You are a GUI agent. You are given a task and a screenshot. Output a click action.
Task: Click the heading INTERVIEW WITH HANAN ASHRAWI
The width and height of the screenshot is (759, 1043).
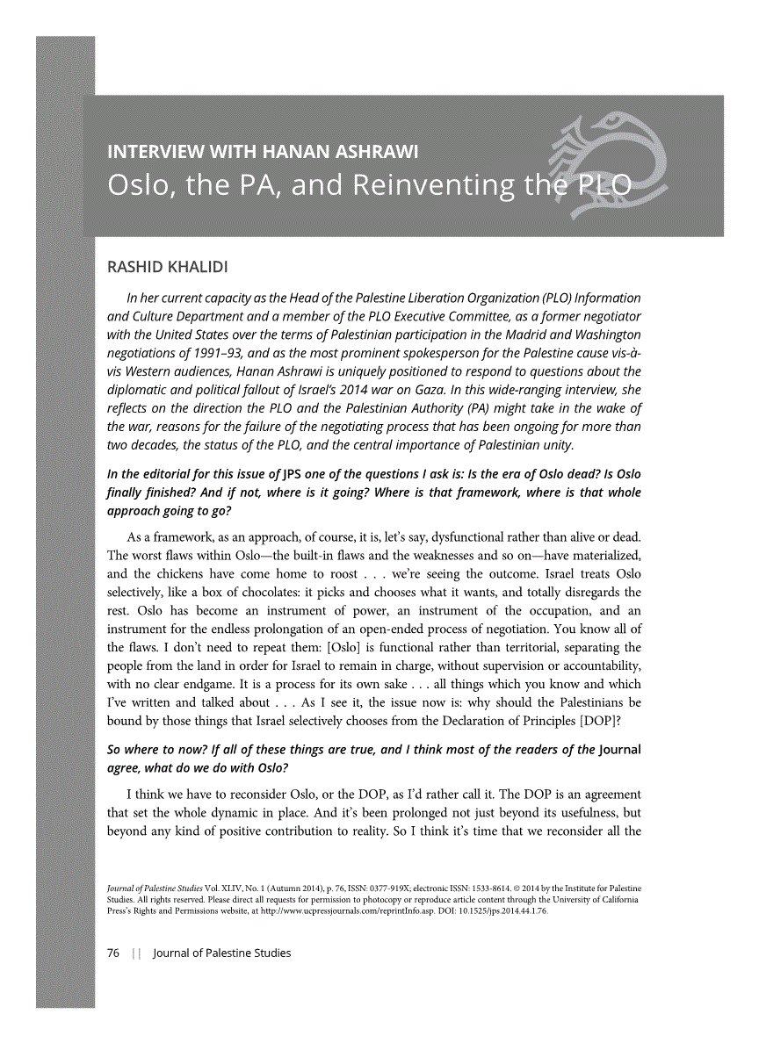coord(263,153)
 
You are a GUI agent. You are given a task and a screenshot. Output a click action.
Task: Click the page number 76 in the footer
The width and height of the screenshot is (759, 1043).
coord(112,953)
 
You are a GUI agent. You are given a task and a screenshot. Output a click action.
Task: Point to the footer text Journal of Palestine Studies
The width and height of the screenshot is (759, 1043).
coord(221,953)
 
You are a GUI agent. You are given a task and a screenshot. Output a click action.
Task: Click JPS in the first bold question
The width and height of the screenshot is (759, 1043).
coord(294,475)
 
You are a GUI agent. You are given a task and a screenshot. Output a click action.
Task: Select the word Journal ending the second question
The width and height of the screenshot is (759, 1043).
coord(620,749)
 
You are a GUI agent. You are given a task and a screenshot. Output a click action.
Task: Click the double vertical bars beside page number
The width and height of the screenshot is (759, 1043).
coord(135,953)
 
